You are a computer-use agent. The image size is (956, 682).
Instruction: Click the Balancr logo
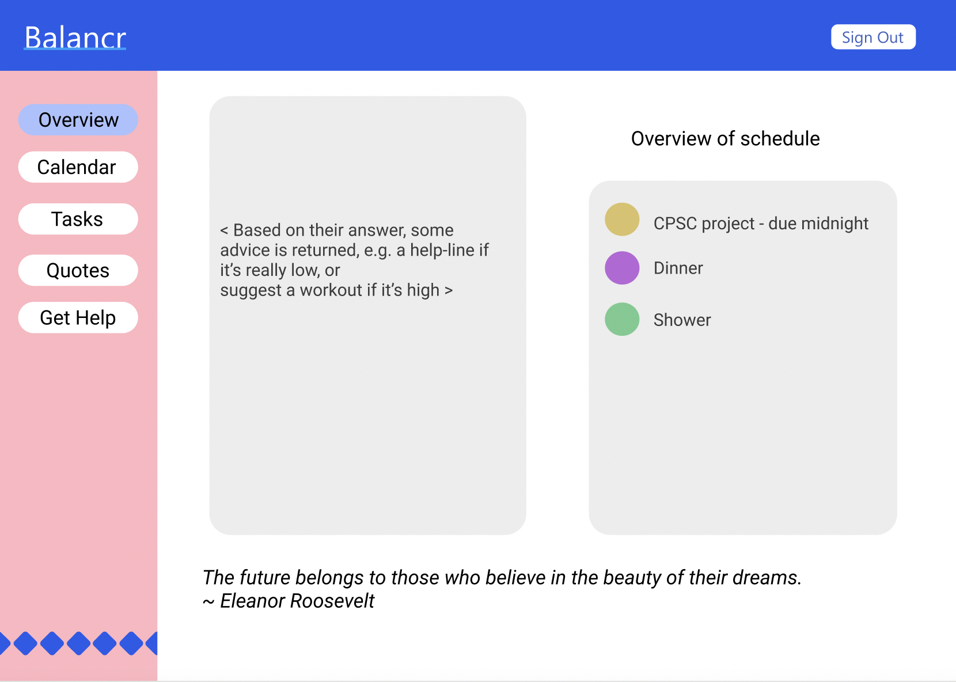[x=75, y=38]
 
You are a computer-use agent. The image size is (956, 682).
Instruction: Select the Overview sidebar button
[x=78, y=120]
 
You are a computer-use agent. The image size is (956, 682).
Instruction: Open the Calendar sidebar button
[x=78, y=167]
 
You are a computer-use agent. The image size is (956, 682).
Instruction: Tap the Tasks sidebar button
[x=78, y=219]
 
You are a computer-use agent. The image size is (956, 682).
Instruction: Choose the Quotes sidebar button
[x=78, y=271]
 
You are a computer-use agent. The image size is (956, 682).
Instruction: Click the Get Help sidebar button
[x=78, y=318]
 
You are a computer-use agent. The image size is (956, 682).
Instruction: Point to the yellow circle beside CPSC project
[x=622, y=219]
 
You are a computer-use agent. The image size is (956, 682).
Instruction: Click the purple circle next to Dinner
[x=622, y=268]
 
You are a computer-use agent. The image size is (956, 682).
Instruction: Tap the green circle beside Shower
[x=622, y=319]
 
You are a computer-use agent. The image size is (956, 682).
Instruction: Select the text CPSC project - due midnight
[x=761, y=223]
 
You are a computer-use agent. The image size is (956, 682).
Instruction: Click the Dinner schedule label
[x=678, y=268]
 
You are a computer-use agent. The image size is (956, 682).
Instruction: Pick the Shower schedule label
[x=682, y=320]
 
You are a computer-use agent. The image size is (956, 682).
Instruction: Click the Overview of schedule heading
[x=726, y=139]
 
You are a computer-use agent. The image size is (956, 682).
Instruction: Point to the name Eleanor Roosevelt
[x=297, y=601]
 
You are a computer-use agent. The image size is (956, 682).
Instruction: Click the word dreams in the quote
[x=767, y=577]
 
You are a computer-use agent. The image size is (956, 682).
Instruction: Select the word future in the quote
[x=265, y=577]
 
